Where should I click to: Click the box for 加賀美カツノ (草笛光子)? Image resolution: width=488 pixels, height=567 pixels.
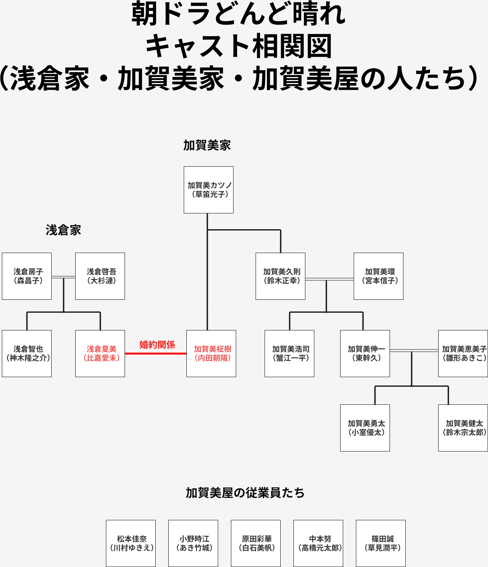(208, 190)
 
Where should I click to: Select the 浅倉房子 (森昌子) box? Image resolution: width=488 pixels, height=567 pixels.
(27, 276)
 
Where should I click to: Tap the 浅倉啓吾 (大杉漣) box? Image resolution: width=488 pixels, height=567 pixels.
(100, 276)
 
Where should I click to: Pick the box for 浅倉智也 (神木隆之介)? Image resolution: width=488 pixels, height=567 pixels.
(27, 354)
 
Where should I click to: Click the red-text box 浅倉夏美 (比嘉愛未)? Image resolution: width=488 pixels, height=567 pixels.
(100, 354)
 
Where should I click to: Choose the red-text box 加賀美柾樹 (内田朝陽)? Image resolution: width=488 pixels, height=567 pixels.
(211, 354)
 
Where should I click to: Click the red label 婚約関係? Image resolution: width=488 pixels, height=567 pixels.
(157, 345)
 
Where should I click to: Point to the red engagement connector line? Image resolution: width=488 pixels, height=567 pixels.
(155, 353)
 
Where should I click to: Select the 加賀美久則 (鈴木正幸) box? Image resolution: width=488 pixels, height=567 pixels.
(280, 276)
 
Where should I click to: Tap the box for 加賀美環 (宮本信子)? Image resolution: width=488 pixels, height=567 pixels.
(378, 276)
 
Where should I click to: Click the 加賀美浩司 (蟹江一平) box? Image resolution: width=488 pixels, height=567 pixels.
(289, 354)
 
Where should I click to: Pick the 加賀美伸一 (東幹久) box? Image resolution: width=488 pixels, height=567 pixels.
(365, 354)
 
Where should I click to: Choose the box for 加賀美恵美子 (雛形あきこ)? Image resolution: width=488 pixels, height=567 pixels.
(463, 354)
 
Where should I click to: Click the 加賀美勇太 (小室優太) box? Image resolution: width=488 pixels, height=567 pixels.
(365, 428)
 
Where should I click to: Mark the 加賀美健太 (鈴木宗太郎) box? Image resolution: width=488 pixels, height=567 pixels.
(463, 428)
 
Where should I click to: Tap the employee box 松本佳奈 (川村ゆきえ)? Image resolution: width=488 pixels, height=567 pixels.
(131, 543)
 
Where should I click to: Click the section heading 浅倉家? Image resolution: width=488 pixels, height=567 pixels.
(63, 230)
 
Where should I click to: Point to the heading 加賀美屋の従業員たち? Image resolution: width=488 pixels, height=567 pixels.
(245, 493)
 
